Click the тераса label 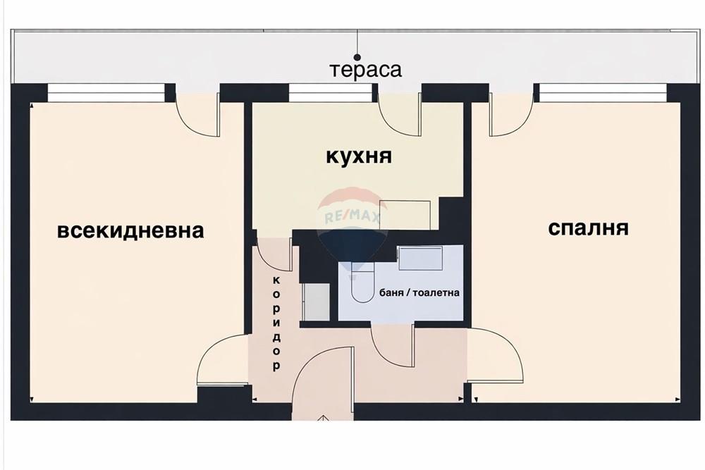pyautogui.click(x=365, y=70)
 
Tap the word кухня pyautogui.click(x=358, y=156)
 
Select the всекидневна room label pyautogui.click(x=130, y=230)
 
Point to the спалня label pyautogui.click(x=588, y=228)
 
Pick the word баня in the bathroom pyautogui.click(x=392, y=292)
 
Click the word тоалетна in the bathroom pyautogui.click(x=437, y=292)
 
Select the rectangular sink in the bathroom pyautogui.click(x=420, y=259)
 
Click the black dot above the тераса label pyautogui.click(x=357, y=56)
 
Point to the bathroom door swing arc pyautogui.click(x=391, y=347)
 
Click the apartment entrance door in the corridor pyautogui.click(x=321, y=377)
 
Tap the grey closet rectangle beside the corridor pyautogui.click(x=315, y=302)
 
